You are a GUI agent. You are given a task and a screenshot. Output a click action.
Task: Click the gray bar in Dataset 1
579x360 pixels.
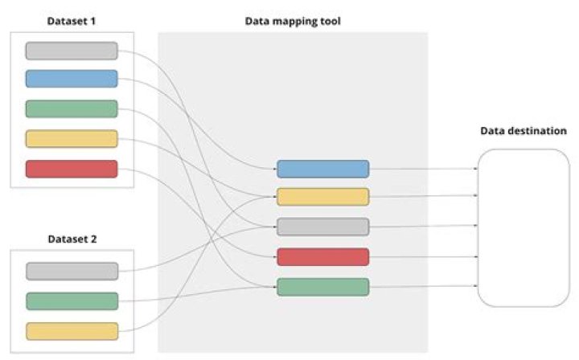coord(72,51)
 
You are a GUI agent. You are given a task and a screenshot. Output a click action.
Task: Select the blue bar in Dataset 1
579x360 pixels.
coord(72,79)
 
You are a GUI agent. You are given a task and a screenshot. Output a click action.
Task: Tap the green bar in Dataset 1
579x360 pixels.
coord(72,108)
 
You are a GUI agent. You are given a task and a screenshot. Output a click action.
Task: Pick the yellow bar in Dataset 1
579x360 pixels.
coord(72,138)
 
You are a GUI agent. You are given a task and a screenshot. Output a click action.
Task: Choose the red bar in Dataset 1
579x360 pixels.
coord(72,169)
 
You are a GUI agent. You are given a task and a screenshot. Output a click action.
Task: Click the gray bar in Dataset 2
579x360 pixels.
coord(72,271)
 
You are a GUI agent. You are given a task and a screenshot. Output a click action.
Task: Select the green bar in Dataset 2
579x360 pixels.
coord(72,301)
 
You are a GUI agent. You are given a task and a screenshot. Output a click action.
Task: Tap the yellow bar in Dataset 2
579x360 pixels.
coord(72,331)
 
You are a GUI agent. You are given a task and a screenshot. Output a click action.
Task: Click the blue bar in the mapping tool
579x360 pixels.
coord(322,169)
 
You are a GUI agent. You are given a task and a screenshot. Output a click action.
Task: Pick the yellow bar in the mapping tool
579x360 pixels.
coord(322,197)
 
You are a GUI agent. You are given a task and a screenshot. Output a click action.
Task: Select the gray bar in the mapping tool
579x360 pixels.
coord(322,227)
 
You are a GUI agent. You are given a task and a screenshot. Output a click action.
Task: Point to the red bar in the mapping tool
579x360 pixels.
coord(322,257)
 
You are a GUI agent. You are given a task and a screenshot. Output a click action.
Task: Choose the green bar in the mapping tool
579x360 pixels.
coord(322,287)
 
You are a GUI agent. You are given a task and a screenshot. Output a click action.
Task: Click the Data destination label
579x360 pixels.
coord(524,130)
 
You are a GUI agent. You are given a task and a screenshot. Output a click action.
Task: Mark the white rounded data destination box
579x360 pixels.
coord(524,227)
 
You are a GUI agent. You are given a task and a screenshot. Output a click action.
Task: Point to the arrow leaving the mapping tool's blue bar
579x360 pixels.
coord(422,169)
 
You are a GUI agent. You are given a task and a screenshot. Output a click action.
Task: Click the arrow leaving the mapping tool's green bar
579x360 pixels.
coord(422,287)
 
